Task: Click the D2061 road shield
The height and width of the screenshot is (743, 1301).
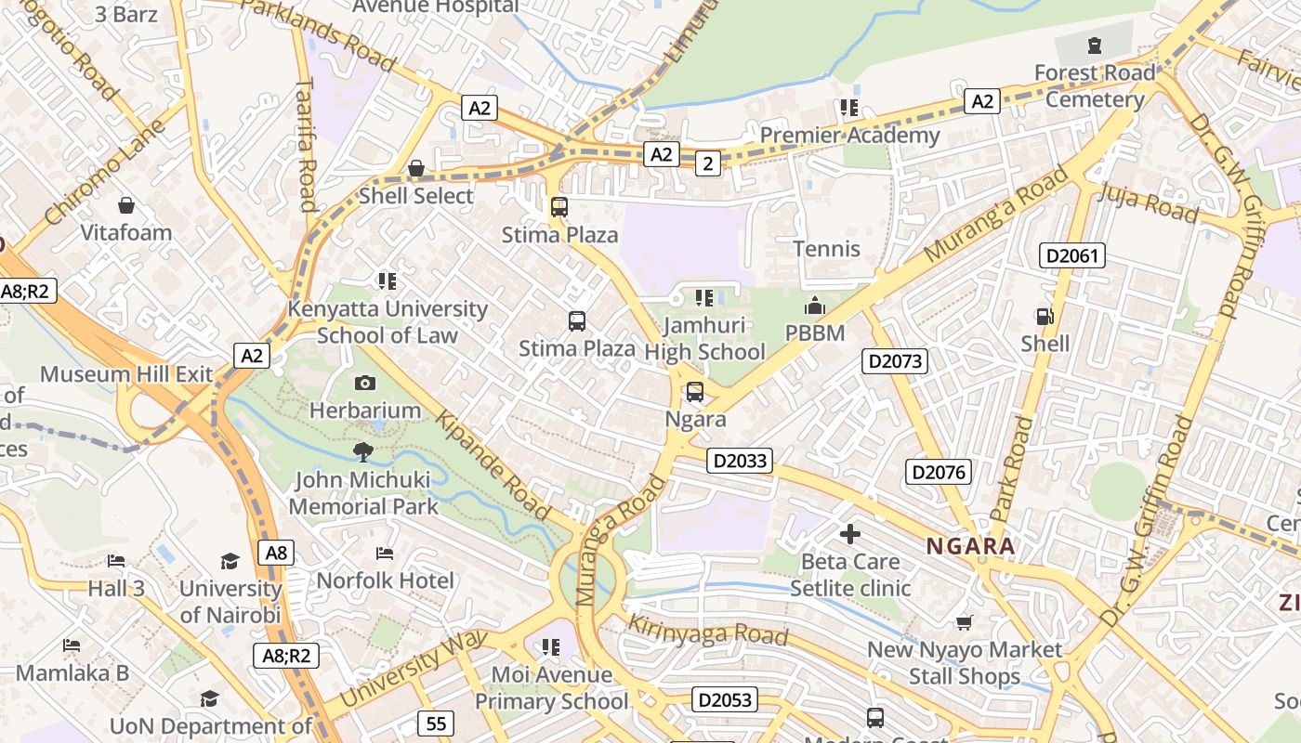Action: [1071, 254]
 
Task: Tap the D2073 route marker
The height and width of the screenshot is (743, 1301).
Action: [895, 360]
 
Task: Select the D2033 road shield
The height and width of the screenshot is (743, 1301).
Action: [740, 460]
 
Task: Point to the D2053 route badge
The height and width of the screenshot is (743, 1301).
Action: [725, 699]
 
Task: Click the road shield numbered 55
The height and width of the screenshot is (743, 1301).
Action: [435, 723]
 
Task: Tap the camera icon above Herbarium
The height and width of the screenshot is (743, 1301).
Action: [365, 383]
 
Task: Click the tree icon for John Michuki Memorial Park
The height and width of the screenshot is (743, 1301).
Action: [362, 452]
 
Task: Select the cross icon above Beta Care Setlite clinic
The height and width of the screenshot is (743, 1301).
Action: [849, 534]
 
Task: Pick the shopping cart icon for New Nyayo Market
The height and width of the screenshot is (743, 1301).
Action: [965, 622]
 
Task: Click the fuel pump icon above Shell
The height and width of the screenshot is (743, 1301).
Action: [1045, 316]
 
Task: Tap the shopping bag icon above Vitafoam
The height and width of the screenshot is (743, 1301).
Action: [126, 204]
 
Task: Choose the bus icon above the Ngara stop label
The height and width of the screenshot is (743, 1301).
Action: [694, 392]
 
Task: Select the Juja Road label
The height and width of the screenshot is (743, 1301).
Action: [1148, 202]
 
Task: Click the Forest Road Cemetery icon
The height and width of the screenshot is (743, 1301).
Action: [1094, 45]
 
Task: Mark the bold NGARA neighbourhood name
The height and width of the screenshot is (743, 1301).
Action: [970, 546]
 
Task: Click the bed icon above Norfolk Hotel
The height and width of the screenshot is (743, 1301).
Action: [385, 554]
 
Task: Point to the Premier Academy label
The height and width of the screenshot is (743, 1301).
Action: [849, 136]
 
